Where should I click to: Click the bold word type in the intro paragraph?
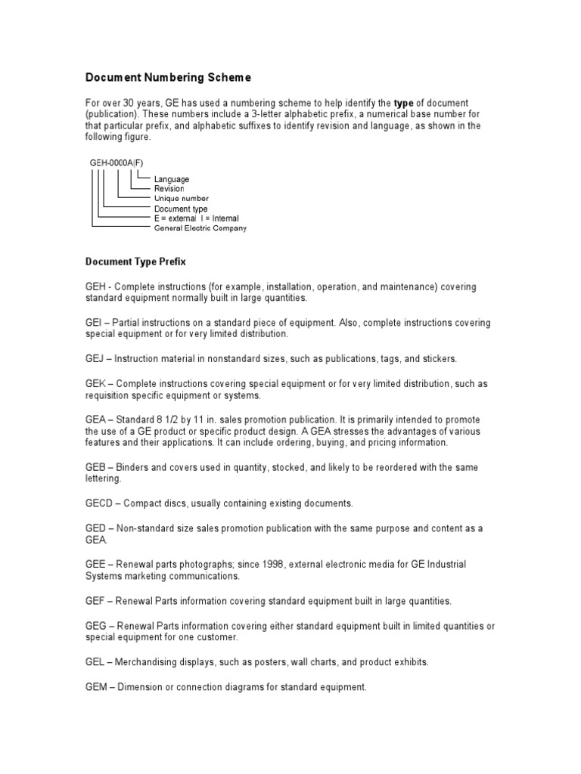(403, 102)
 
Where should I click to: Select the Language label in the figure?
(172, 179)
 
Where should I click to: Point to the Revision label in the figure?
(169, 188)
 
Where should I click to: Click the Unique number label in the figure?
(182, 198)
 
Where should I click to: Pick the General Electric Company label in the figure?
(200, 228)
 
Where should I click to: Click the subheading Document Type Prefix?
(135, 262)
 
